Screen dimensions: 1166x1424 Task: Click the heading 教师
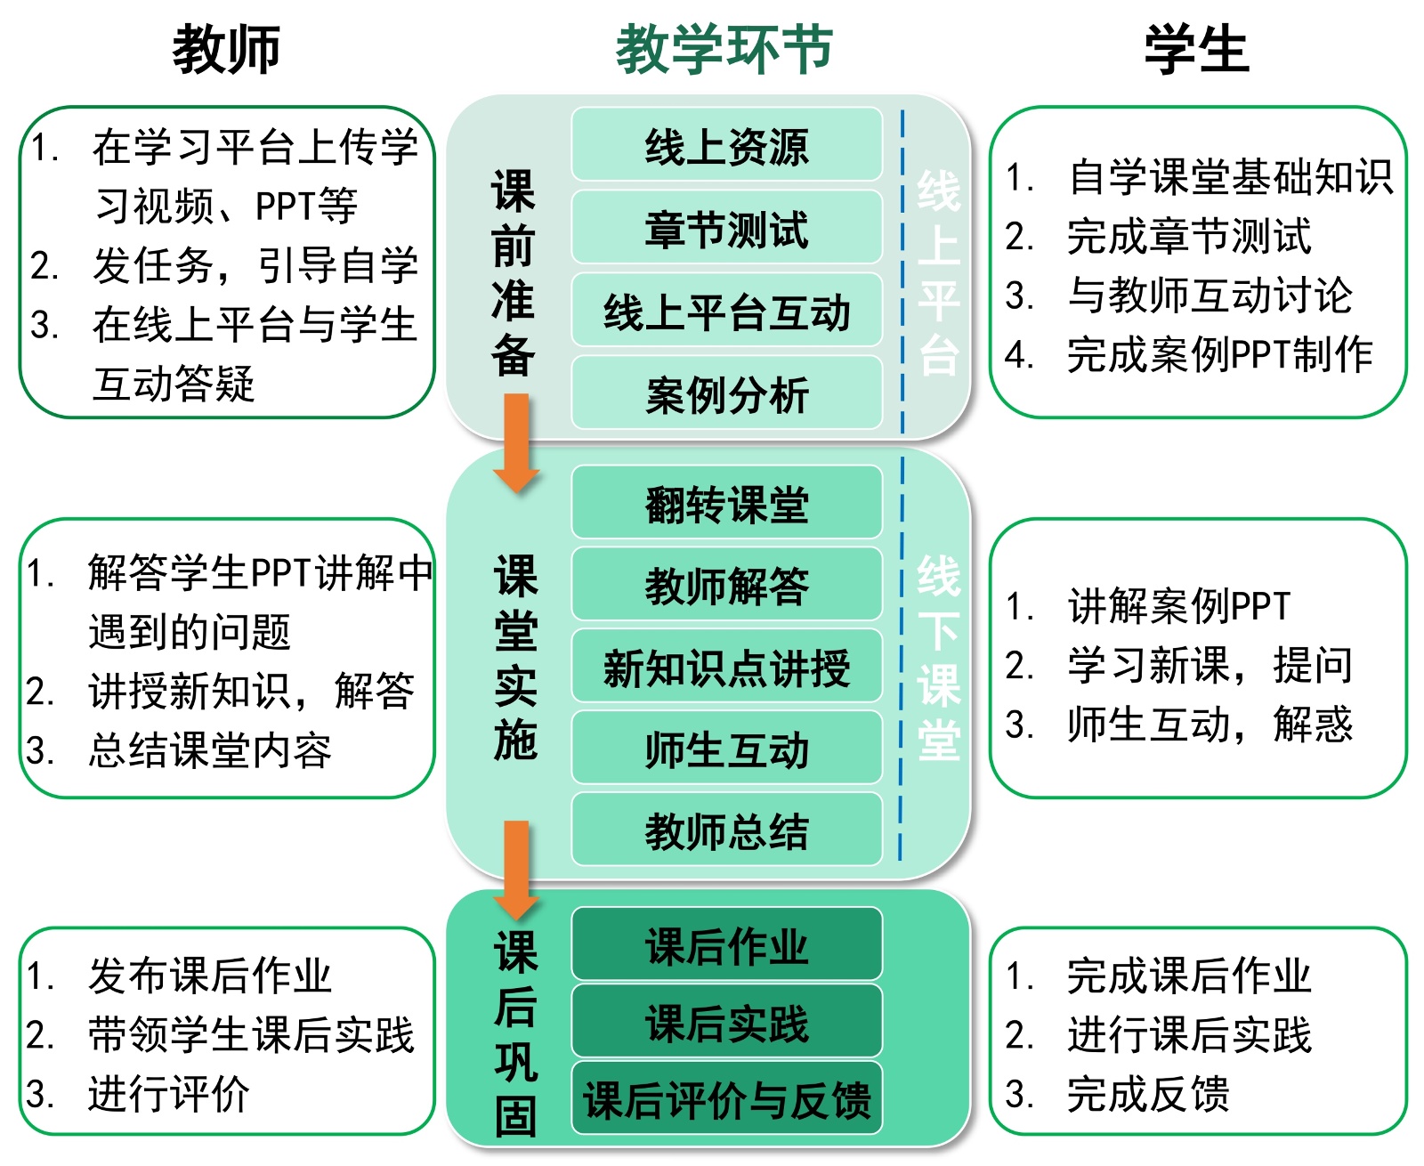coord(226,50)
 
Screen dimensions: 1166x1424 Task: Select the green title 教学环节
coord(724,50)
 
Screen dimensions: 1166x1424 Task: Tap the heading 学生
coord(1197,50)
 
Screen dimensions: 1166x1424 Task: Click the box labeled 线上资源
coord(726,145)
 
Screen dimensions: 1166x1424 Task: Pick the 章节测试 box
coord(726,228)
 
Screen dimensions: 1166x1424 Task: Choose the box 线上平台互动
coord(726,311)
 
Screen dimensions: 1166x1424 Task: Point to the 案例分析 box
coord(726,393)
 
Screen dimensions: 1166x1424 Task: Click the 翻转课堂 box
coord(726,503)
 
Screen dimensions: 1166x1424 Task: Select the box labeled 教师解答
coord(726,585)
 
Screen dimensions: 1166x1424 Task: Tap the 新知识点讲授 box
coord(726,667)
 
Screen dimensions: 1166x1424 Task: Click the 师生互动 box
coord(726,749)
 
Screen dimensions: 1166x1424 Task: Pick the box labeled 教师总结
coord(726,830)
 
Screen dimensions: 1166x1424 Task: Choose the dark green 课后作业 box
coord(726,945)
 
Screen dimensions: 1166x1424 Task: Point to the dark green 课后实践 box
coord(726,1022)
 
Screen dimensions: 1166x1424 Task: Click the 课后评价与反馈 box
coord(726,1099)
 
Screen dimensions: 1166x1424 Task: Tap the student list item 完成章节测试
coord(1188,237)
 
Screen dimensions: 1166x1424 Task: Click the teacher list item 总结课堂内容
coord(210,750)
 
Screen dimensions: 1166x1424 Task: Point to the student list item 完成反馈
coord(1148,1094)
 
